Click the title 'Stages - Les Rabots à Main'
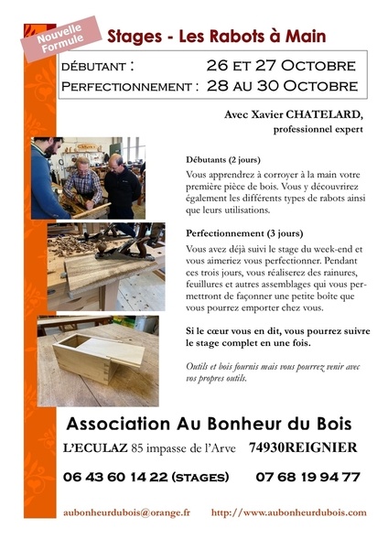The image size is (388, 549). (x=216, y=37)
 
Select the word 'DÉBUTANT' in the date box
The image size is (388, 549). (x=94, y=67)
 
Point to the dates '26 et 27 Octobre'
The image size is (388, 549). (x=280, y=67)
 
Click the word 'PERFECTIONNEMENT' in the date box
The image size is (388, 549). (x=126, y=87)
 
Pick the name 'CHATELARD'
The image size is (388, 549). (x=325, y=115)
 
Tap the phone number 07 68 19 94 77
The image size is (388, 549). (x=307, y=477)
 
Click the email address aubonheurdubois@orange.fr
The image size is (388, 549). (x=126, y=513)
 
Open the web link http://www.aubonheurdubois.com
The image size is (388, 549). (x=288, y=513)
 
